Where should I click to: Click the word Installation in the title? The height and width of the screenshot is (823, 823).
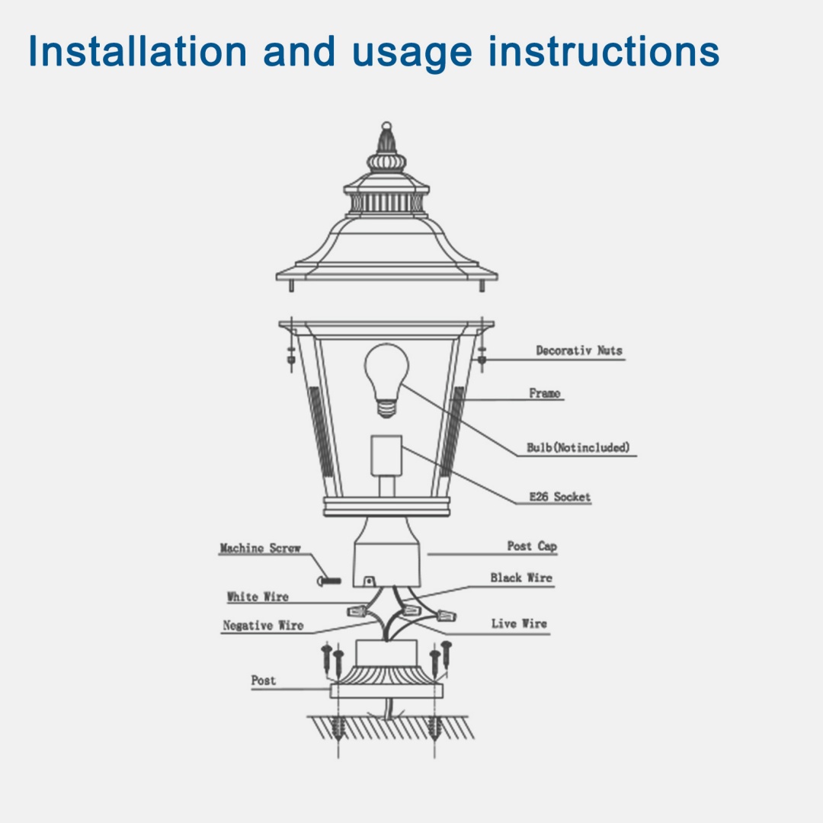point(137,52)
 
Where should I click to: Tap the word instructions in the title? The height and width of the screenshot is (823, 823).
point(604,52)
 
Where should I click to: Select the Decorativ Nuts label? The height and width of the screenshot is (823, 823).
point(578,351)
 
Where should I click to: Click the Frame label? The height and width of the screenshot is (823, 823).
point(545,393)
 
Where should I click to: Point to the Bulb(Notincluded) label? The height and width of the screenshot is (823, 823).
point(578,447)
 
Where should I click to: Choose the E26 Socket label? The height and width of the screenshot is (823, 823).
point(560,497)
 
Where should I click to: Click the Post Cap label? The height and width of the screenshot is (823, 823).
point(532,546)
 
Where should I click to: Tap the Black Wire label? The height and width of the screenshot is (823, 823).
point(521,578)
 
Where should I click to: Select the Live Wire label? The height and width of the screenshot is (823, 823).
point(519,623)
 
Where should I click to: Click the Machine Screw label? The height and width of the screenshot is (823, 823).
point(260,548)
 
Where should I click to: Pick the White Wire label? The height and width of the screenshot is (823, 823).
point(258,597)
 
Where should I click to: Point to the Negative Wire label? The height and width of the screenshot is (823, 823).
point(263,626)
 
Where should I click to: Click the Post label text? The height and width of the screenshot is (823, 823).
point(264,680)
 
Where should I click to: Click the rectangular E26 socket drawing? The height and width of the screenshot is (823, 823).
point(386,455)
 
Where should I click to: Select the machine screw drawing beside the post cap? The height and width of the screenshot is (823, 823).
point(331,581)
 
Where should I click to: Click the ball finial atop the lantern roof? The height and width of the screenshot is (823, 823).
point(386,125)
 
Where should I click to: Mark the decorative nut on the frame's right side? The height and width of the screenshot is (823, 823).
point(482,355)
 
